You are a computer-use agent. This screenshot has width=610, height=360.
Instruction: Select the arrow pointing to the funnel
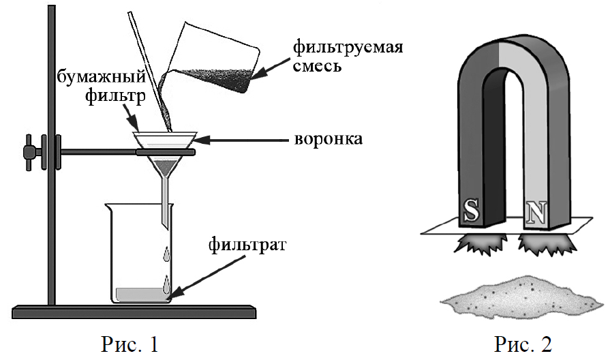[x=243, y=140]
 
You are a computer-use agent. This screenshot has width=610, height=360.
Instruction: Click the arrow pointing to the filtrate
[x=204, y=272]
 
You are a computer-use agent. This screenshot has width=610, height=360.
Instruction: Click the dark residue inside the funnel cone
[x=165, y=164]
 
